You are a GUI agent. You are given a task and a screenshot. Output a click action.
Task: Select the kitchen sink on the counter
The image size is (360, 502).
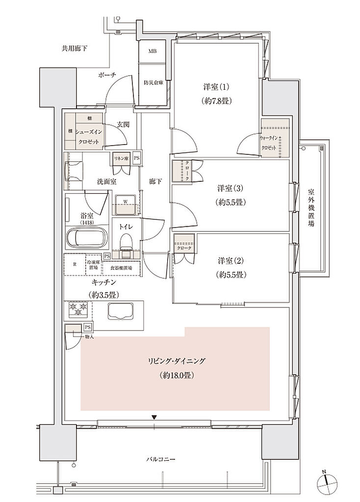(120, 312)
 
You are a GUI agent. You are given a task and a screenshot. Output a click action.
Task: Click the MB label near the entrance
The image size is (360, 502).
(153, 51)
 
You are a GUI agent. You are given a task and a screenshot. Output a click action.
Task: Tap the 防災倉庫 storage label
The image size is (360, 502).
(153, 83)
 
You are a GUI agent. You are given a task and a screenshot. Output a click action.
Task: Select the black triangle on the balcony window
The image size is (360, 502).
(154, 417)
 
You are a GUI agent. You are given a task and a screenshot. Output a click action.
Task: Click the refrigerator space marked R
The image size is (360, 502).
(74, 265)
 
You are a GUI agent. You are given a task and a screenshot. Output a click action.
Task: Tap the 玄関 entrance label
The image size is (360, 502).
(123, 125)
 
